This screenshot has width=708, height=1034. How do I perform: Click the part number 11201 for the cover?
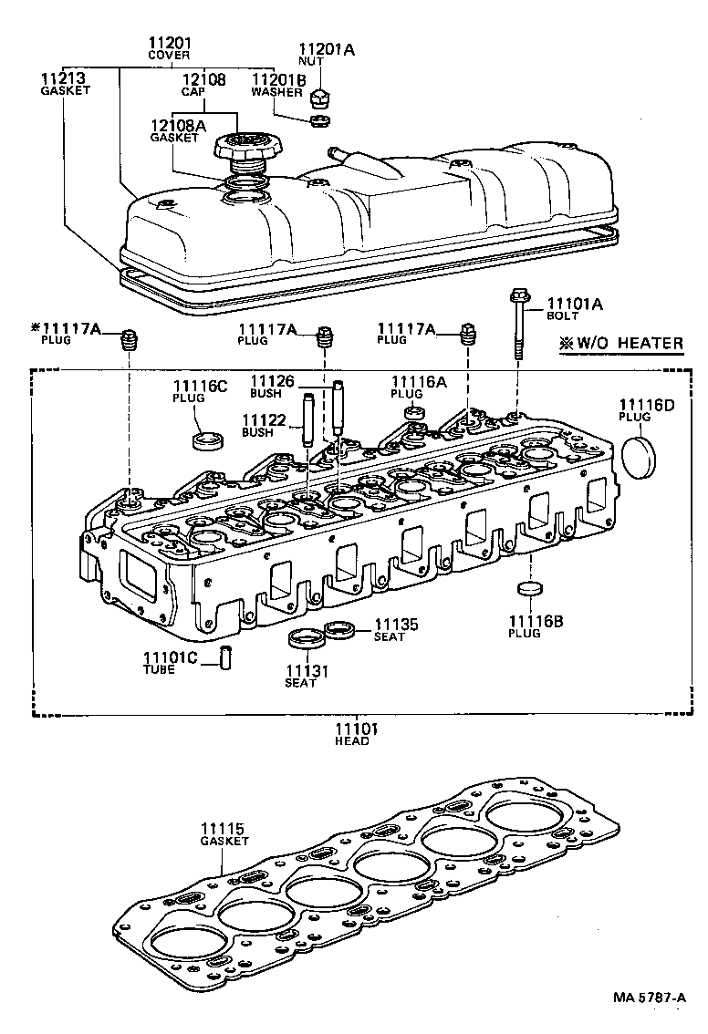(170, 43)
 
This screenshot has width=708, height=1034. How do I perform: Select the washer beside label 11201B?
(319, 119)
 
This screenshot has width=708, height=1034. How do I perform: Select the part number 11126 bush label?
(272, 381)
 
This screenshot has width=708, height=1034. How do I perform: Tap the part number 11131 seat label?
(300, 671)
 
